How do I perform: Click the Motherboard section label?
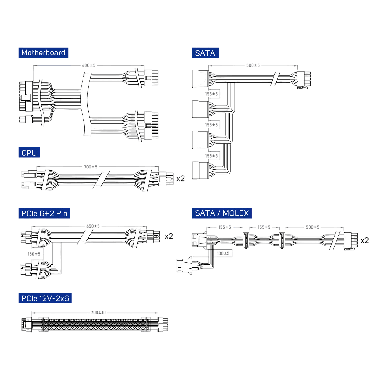[x=43, y=53]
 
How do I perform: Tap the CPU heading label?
[x=29, y=152]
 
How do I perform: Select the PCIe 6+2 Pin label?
[x=44, y=213]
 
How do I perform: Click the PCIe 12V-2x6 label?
[x=45, y=298]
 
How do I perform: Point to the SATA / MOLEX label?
[x=221, y=213]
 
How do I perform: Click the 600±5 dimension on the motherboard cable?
[x=89, y=65]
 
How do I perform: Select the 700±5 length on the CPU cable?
[x=90, y=167]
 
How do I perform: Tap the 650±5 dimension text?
[x=93, y=226]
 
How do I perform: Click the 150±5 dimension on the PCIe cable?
[x=34, y=254]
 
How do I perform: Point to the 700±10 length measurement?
[x=98, y=312]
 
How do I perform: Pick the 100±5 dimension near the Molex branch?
[x=223, y=253]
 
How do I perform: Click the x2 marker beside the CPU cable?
[x=180, y=178]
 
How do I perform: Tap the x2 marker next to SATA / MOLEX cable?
[x=364, y=240]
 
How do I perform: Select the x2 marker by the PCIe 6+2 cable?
[x=169, y=236]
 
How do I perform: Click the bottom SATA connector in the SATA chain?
[x=200, y=170]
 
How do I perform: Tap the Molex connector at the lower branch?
[x=184, y=265]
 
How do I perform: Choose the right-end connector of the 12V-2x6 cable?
[x=163, y=325]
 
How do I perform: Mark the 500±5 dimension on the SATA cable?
[x=253, y=65]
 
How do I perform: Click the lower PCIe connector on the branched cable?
[x=27, y=269]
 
